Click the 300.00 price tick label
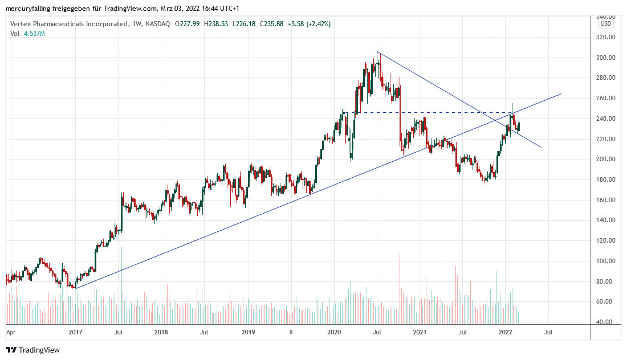[605, 58]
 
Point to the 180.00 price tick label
[605, 179]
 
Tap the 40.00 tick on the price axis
[605, 322]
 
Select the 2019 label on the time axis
[248, 332]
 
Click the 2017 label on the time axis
[75, 332]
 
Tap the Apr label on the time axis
[10, 332]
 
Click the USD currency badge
[605, 24]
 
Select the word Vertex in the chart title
[21, 24]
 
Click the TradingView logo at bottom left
[32, 350]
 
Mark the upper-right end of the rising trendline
[561, 94]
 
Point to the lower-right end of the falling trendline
[541, 147]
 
